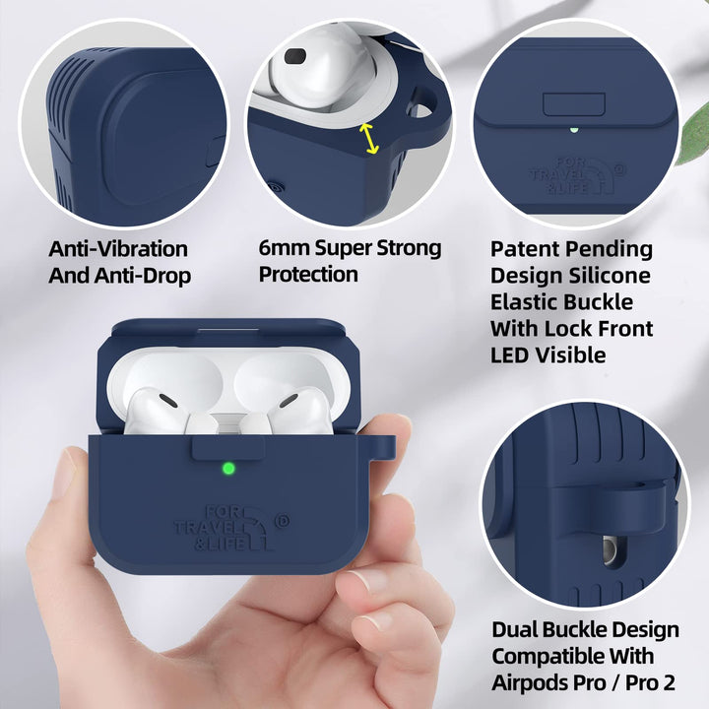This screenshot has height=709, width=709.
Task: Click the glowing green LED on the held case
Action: [228, 470]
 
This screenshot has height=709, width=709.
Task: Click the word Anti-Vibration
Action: [118, 248]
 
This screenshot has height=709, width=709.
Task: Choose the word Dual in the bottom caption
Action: [514, 628]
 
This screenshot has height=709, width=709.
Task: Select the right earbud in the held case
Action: [300, 404]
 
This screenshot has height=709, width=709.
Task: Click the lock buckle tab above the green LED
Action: [228, 448]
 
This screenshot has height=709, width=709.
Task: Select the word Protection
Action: [308, 275]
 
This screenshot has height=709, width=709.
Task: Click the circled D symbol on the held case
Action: [284, 513]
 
